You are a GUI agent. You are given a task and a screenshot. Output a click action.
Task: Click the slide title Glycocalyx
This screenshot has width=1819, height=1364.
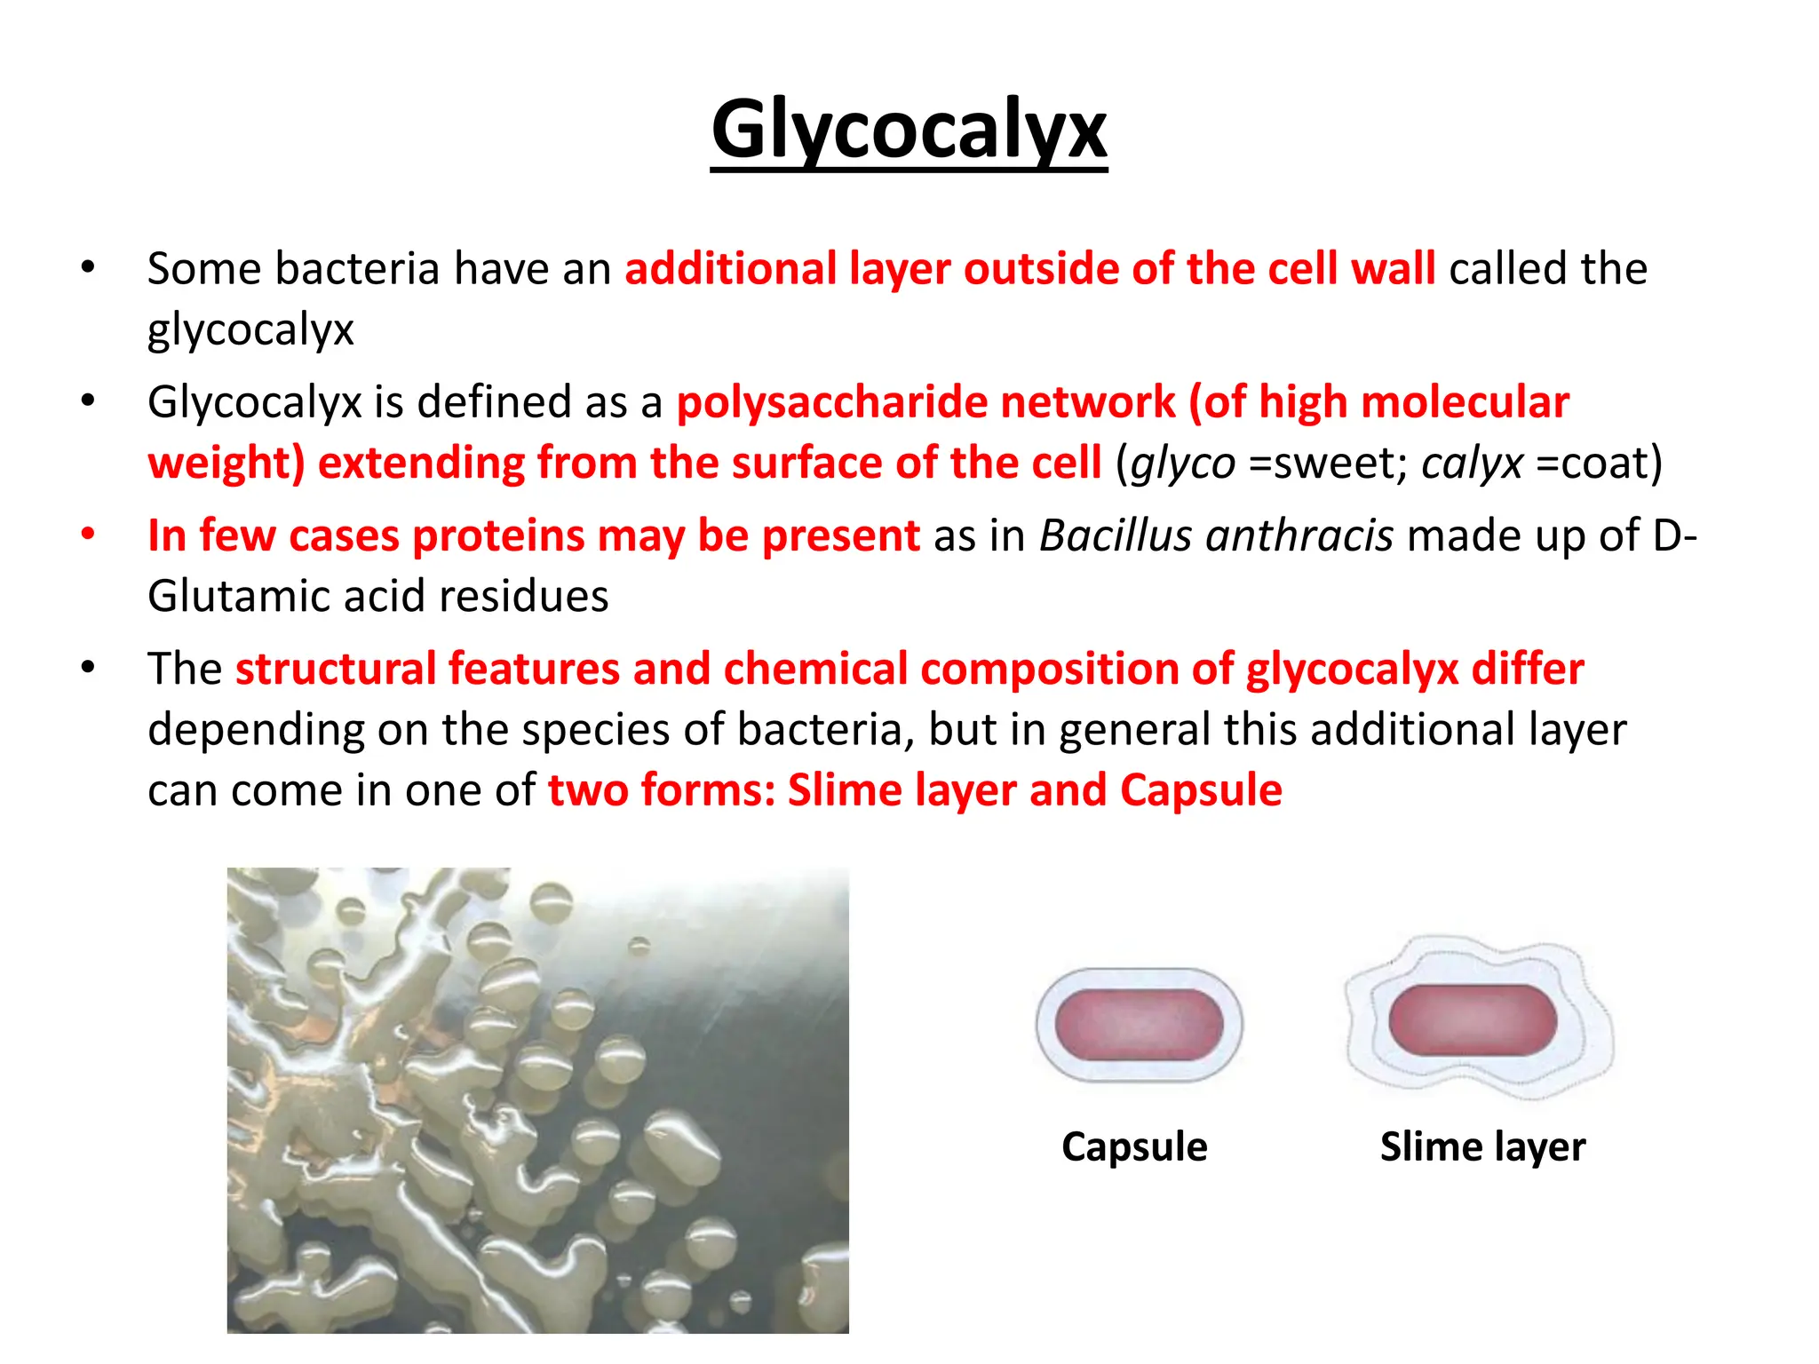pyautogui.click(x=909, y=131)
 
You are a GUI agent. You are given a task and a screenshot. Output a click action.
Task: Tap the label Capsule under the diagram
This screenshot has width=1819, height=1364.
pyautogui.click(x=1134, y=1146)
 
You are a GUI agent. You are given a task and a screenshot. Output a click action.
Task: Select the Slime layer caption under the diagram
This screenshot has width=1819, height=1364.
pyautogui.click(x=1482, y=1146)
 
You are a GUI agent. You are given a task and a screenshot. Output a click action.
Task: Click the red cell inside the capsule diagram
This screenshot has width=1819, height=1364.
pyautogui.click(x=1140, y=1025)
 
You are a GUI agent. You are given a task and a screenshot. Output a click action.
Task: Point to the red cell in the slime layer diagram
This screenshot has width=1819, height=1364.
pyautogui.click(x=1473, y=1020)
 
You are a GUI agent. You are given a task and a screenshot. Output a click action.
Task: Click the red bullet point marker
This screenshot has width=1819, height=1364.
pyautogui.click(x=88, y=535)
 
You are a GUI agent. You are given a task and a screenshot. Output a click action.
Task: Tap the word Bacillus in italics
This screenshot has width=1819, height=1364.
pyautogui.click(x=1116, y=535)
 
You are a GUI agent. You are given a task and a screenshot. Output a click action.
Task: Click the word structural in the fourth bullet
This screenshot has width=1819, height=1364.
pyautogui.click(x=338, y=669)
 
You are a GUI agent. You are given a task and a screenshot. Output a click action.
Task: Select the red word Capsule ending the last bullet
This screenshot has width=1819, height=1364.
pyautogui.click(x=1201, y=789)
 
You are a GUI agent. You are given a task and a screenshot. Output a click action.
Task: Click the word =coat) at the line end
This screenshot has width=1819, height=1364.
pyautogui.click(x=1599, y=464)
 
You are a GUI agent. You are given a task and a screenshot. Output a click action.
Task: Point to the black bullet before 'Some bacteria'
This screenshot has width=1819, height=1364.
pyautogui.click(x=88, y=267)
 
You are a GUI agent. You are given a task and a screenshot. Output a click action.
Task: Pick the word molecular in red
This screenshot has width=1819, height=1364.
pyautogui.click(x=1465, y=402)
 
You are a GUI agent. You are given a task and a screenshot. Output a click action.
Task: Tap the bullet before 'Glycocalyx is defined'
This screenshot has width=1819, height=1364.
pyautogui.click(x=88, y=401)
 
